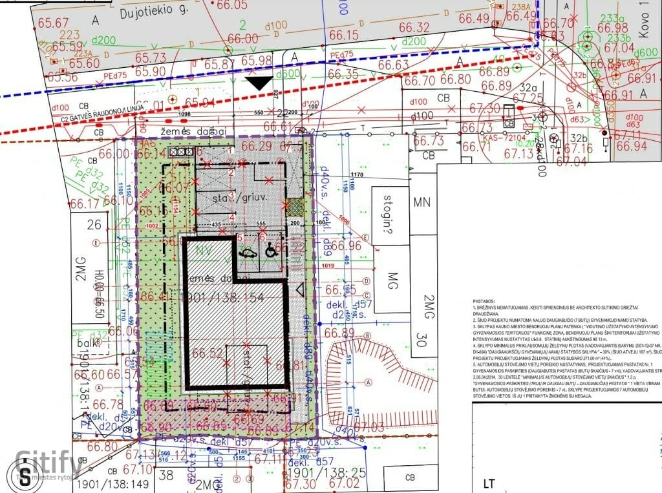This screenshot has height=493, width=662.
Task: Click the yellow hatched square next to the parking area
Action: [295, 207]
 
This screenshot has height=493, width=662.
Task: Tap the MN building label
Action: [422, 202]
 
